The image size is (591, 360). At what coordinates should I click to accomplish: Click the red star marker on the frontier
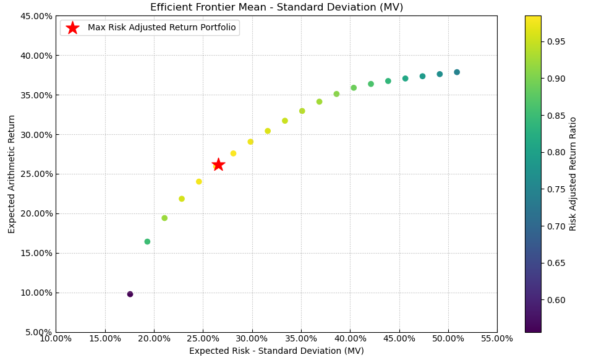[218, 165]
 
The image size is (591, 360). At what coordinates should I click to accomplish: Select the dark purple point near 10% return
[130, 294]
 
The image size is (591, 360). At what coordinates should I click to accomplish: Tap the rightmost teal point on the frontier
[457, 72]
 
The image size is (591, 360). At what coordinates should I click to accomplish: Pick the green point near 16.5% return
[147, 242]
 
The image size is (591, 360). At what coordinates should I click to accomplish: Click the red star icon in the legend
[72, 28]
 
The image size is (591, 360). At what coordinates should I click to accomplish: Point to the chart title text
[276, 7]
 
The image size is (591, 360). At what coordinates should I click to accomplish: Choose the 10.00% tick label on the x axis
[56, 338]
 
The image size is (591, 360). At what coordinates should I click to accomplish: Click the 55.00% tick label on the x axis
[497, 338]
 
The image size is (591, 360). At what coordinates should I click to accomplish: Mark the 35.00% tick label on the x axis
[301, 338]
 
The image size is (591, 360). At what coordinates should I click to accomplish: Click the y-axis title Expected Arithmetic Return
[12, 174]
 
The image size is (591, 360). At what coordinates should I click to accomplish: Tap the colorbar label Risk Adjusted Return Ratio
[573, 174]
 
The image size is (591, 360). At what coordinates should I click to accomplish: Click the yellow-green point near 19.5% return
[164, 218]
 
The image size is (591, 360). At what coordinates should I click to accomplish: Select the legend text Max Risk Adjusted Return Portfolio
[161, 28]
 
